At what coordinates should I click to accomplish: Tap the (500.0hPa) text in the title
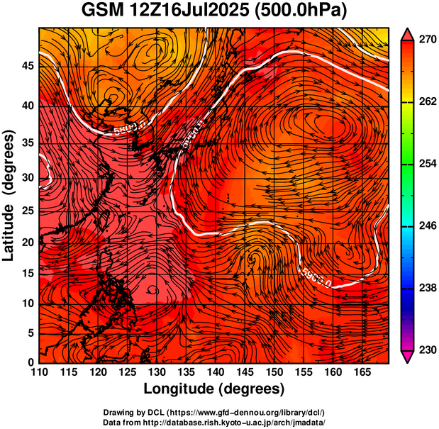coord(299,11)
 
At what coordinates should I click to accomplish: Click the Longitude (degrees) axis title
coord(213,389)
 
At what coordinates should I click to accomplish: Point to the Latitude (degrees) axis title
coord(9,195)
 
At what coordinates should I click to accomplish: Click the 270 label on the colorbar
coord(426,40)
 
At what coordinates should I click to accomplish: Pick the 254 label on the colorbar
coord(426,164)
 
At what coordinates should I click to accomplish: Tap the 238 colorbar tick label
coord(426,288)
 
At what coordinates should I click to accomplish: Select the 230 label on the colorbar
coord(426,350)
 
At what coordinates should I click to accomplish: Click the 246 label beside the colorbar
coord(426,226)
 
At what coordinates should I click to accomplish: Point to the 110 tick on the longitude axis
coord(39,372)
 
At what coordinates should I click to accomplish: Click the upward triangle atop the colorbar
coord(407,33)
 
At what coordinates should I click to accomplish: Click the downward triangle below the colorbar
coord(407,357)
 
